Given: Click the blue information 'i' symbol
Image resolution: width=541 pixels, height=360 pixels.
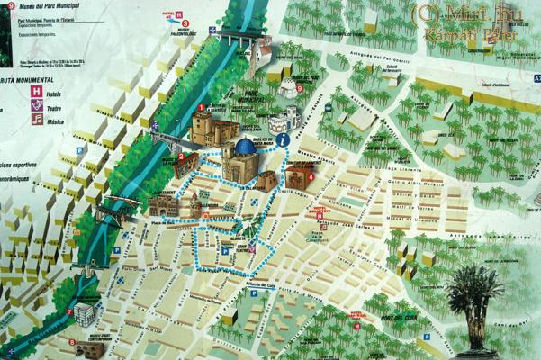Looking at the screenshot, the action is [x=284, y=139].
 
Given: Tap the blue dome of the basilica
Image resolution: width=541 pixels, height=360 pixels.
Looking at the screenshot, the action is [x=243, y=147].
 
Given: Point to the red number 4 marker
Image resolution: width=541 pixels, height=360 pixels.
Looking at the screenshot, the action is [x=311, y=177].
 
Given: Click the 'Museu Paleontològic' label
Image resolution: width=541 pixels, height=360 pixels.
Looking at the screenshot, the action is [x=184, y=28].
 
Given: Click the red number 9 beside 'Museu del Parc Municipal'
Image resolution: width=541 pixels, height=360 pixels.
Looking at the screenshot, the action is [x=11, y=5].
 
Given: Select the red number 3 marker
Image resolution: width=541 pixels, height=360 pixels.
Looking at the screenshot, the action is [x=299, y=88].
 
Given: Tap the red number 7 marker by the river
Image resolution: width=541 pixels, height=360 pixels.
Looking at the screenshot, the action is [x=70, y=311].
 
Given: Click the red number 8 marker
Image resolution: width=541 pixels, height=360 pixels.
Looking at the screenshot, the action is [x=70, y=342].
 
